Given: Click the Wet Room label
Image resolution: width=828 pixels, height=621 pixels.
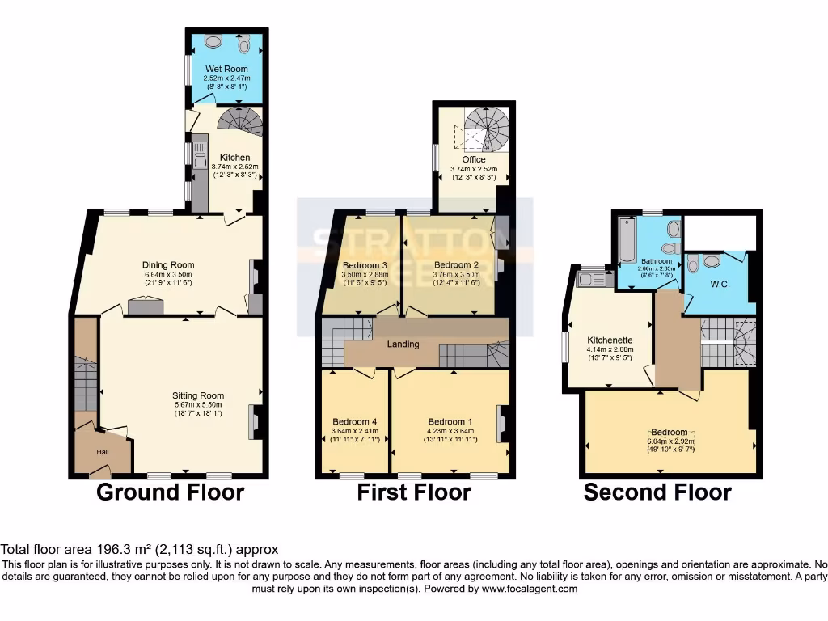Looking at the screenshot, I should [225, 68].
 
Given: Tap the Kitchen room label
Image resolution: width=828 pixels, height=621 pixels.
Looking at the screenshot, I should [234, 158].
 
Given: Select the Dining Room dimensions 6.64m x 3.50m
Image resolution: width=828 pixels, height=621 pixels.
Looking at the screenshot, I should [168, 275].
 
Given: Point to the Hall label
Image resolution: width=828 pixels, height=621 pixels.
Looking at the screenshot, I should [103, 452].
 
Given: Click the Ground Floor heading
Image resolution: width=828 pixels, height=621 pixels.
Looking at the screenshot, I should [171, 492].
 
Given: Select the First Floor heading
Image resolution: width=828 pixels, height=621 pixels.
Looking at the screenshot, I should [414, 492].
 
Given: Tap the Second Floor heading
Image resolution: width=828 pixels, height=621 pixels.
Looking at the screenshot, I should [657, 492].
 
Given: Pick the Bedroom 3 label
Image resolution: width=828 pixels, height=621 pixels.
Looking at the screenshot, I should [365, 265].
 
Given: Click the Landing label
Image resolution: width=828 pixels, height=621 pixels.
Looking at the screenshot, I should [403, 344].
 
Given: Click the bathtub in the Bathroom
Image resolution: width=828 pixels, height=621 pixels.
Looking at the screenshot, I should [627, 239].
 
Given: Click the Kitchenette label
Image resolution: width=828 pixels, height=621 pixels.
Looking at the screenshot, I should [610, 340].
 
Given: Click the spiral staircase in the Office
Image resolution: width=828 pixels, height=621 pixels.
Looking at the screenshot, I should [488, 129].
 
